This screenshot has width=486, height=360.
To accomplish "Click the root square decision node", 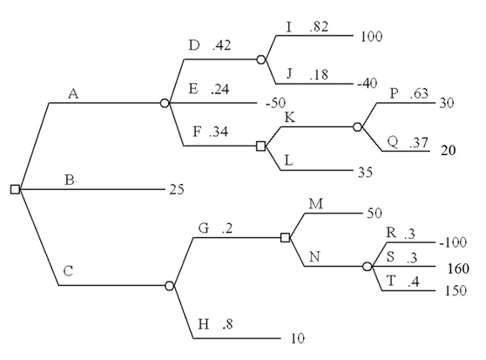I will pos(15,189).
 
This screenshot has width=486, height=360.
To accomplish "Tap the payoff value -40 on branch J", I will pos(368,84).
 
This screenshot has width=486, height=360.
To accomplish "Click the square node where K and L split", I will pos(260,146).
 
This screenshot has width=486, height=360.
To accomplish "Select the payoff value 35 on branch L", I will pos(364,171).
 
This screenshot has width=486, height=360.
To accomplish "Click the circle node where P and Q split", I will pos(358,126).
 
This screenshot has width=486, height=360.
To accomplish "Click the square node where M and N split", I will pos(285,237).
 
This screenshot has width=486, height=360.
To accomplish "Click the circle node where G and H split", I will pos(170,285).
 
